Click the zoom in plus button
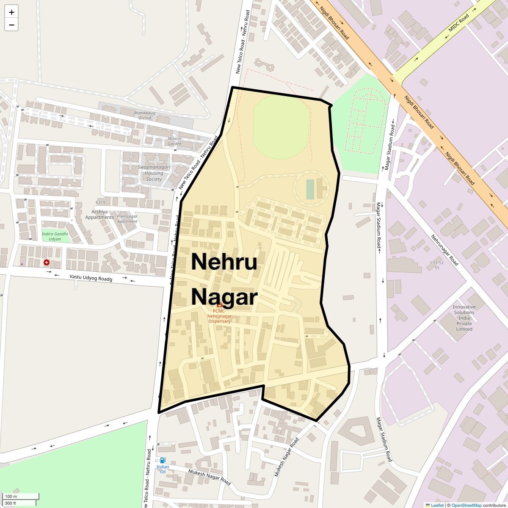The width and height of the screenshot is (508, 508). [x=11, y=12]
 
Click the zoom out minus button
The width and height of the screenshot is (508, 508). [x=11, y=25]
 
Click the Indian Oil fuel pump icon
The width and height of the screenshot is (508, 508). [x=163, y=460]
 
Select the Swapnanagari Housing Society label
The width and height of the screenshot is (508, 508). [x=154, y=173]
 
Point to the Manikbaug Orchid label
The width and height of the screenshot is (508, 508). [x=145, y=115]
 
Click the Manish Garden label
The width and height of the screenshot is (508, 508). [x=174, y=141]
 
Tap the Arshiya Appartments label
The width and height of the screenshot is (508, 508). [x=99, y=215]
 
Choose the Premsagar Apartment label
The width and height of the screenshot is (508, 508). [x=127, y=219]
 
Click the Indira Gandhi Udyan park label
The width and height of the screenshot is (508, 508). [x=55, y=236]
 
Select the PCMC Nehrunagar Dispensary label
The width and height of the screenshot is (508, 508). [x=219, y=316]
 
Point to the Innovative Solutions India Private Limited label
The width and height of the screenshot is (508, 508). [x=464, y=318]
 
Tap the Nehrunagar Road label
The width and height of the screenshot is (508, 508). [x=444, y=250]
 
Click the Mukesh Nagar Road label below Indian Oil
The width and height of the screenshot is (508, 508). [x=209, y=477]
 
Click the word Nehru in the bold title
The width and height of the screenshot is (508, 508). [x=224, y=262]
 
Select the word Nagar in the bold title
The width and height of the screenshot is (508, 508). [x=224, y=297]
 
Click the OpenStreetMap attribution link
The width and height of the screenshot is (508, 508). [x=466, y=505]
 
